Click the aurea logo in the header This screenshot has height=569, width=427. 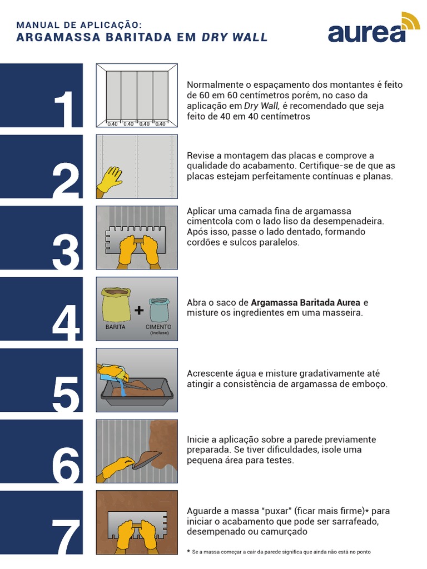tap(373, 29)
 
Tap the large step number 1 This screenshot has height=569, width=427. tap(67, 109)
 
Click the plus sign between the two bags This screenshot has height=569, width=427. tap(139, 311)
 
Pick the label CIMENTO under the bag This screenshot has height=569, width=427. tap(158, 327)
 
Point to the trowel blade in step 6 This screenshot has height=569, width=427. tap(147, 459)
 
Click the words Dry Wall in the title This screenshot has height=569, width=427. tap(234, 38)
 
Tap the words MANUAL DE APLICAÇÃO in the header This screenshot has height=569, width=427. tap(79, 25)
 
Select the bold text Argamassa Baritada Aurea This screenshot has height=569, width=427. tap(305, 303)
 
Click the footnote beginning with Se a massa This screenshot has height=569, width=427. tap(281, 552)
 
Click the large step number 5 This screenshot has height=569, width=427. tap(66, 394)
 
